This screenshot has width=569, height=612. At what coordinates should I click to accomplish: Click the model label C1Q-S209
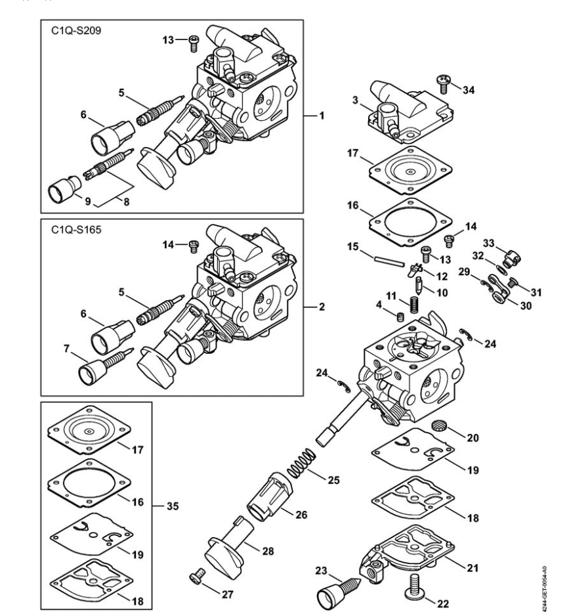tap(76, 30)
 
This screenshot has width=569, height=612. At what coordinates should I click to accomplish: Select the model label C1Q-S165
tap(76, 230)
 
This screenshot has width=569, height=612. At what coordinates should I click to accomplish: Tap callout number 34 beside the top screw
tap(469, 90)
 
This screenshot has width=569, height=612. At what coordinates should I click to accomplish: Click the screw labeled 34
tap(444, 84)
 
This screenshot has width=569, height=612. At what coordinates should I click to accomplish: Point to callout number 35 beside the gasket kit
tap(173, 506)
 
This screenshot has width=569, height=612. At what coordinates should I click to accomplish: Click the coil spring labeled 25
tap(301, 463)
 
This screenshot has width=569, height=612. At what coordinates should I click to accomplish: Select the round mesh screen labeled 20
tap(439, 425)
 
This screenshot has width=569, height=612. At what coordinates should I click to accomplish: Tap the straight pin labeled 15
tap(389, 261)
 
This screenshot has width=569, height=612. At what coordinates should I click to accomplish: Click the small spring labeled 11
tap(414, 305)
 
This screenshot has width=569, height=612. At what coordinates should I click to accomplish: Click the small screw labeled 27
tap(198, 576)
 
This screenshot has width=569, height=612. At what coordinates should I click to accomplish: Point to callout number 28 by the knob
tap(268, 551)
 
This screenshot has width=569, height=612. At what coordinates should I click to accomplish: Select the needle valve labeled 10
tap(419, 286)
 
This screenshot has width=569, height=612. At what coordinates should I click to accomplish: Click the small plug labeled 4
tap(400, 317)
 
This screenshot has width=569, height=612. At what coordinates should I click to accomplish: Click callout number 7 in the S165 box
tap(67, 349)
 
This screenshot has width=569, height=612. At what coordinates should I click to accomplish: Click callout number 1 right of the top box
tap(322, 116)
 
